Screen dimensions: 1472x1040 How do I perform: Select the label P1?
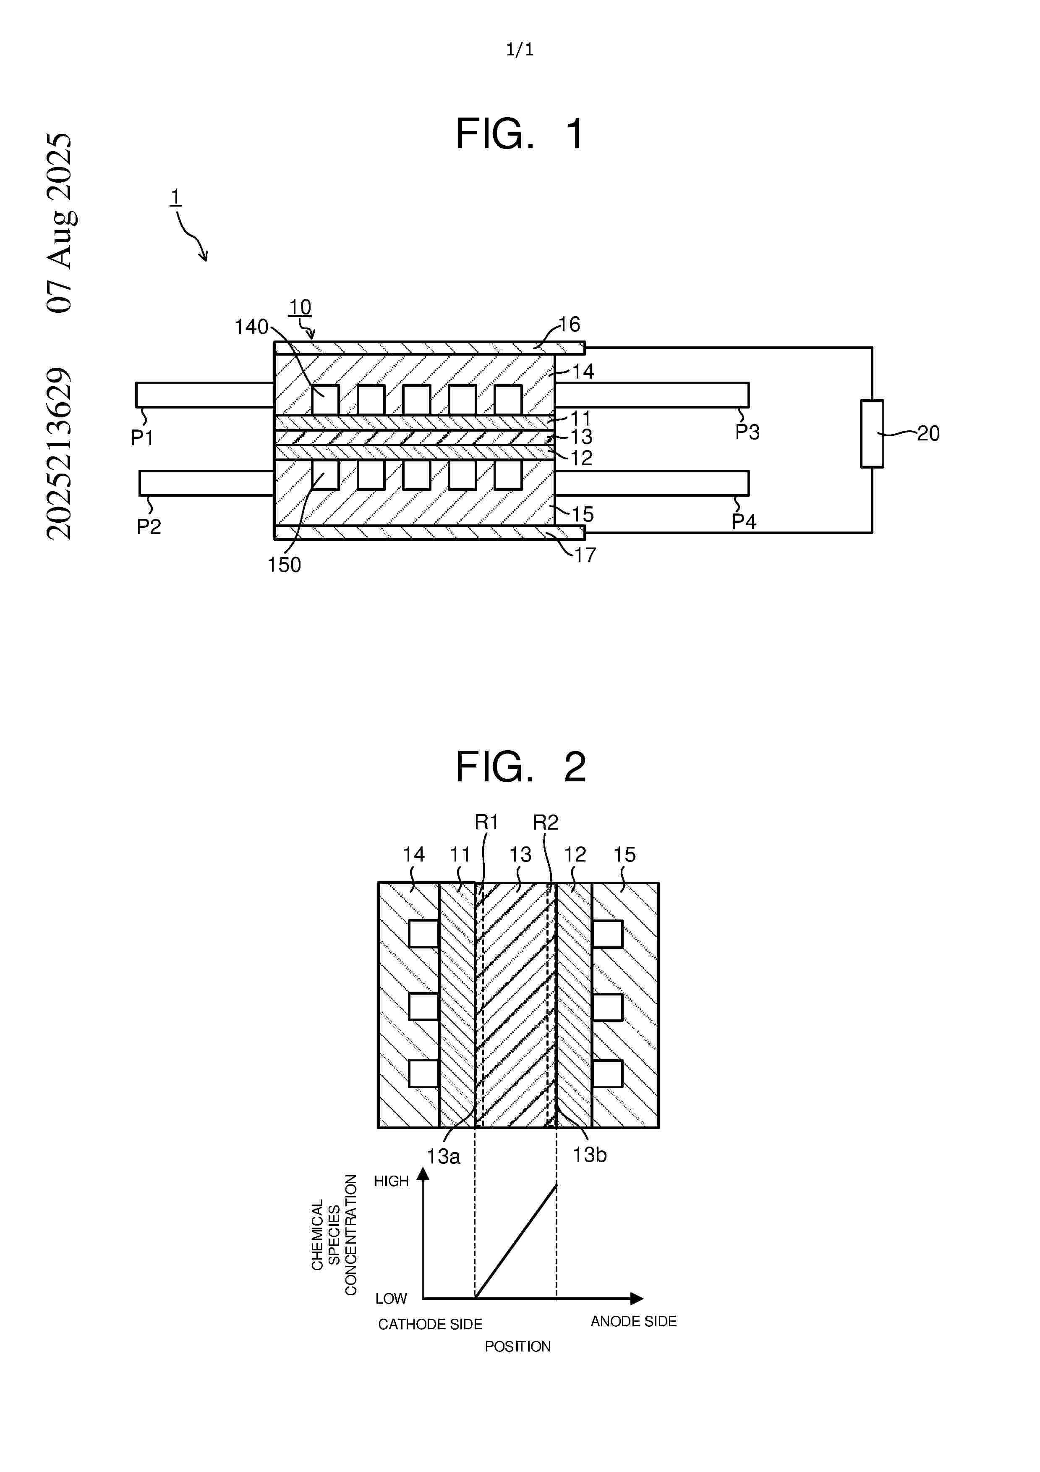click(141, 438)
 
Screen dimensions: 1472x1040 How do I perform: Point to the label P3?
click(747, 432)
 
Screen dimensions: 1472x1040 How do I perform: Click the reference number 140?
click(251, 327)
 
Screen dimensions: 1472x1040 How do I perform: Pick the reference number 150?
click(284, 565)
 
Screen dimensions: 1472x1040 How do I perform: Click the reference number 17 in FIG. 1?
click(584, 555)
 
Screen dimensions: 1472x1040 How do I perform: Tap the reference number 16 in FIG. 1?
click(569, 325)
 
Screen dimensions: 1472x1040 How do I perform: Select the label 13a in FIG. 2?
click(444, 1157)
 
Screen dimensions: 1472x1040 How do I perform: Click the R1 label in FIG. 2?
click(486, 822)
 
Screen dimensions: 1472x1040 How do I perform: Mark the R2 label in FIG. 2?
click(546, 822)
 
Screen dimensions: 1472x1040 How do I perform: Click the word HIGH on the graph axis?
click(391, 1181)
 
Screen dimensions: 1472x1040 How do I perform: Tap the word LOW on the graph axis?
click(391, 1298)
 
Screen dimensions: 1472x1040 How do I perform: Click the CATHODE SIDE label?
click(430, 1324)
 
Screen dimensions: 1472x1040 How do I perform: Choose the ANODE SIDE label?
click(633, 1321)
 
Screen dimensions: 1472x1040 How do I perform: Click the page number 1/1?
click(520, 50)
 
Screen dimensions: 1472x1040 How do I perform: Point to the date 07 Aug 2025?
click(60, 223)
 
